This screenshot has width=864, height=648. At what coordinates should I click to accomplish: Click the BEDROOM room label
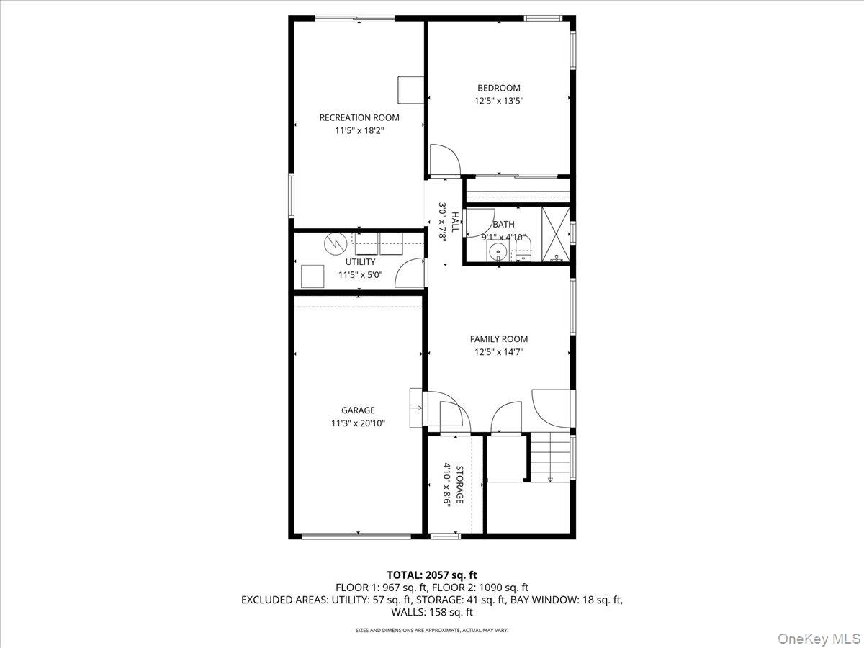point(498,89)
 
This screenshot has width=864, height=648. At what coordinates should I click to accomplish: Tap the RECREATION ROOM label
point(359,117)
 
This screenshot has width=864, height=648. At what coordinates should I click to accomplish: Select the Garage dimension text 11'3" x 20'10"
point(358,424)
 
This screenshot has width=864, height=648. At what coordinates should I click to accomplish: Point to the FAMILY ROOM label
point(498,339)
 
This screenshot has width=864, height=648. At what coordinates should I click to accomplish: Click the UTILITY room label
point(360,262)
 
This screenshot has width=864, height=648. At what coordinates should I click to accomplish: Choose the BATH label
point(503,225)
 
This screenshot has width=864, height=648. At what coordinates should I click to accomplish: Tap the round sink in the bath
point(496,252)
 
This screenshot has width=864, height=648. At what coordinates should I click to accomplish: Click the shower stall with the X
point(555,234)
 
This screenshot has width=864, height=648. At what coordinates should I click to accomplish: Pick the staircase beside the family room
point(551,458)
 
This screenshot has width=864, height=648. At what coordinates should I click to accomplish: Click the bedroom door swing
point(442,160)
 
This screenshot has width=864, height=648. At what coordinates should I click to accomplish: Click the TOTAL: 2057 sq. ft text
point(432,575)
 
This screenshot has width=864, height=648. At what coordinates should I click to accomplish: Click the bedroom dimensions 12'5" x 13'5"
point(498,102)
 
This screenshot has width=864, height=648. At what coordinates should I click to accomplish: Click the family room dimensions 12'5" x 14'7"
point(498,352)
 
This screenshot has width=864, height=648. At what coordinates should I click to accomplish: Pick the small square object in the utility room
point(312,276)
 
